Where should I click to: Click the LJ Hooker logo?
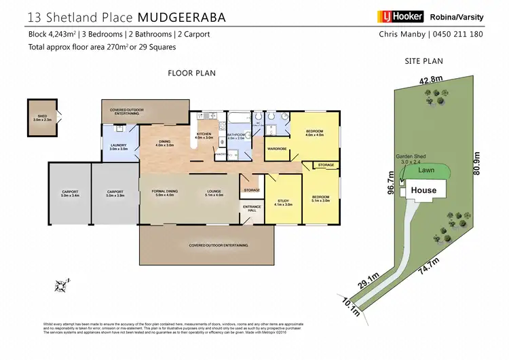click(x=400, y=16)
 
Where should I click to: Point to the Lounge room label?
click(x=214, y=193)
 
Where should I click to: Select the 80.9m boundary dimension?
click(x=484, y=162)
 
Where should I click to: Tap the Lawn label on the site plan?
click(x=426, y=170)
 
